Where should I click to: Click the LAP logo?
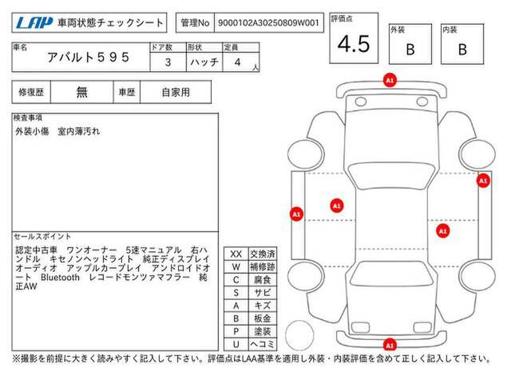pyautogui.click(x=34, y=22)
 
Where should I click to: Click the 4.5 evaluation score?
pyautogui.click(x=354, y=44)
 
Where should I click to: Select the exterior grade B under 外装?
pyautogui.click(x=410, y=50)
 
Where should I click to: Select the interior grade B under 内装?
pyautogui.click(x=462, y=50)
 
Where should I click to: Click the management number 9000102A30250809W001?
pyautogui.click(x=268, y=23)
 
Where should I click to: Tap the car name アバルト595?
pyautogui.click(x=89, y=58)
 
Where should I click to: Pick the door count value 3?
pyautogui.click(x=168, y=62)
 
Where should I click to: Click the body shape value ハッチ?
pyautogui.click(x=204, y=62)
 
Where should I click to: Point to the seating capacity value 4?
pyautogui.click(x=237, y=62)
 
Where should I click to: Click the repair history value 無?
pyautogui.click(x=81, y=92)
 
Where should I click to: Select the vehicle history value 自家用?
pyautogui.click(x=176, y=93)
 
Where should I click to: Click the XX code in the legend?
pyautogui.click(x=236, y=254)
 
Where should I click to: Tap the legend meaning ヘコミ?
pyautogui.click(x=263, y=344)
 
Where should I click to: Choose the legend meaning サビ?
pyautogui.click(x=263, y=293)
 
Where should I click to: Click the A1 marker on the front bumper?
pyautogui.click(x=390, y=80)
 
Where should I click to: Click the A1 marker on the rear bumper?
pyautogui.click(x=390, y=345)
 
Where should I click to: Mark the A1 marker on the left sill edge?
pyautogui.click(x=296, y=214)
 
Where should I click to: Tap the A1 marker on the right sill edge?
pyautogui.click(x=483, y=181)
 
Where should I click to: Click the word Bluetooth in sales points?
pyautogui.click(x=61, y=278)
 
